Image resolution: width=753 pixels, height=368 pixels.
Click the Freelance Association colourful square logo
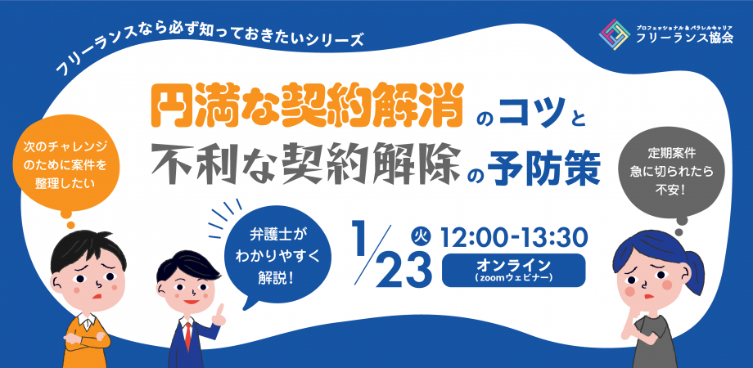615,34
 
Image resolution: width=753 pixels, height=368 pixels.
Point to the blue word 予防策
545,172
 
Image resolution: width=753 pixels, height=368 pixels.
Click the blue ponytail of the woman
694,272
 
